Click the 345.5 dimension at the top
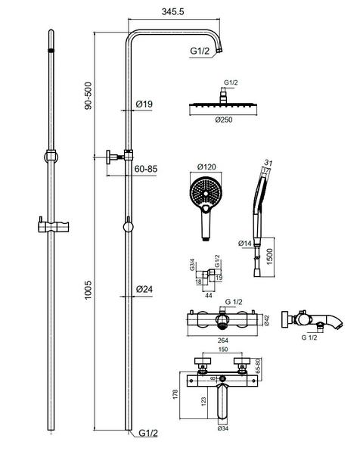click(172, 12)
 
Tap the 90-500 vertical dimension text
click(88, 96)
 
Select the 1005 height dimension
click(88, 290)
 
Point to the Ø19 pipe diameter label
click(144, 104)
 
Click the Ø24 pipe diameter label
click(144, 289)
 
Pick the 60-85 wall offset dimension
click(146, 169)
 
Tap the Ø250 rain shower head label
click(224, 120)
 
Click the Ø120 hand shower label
click(206, 166)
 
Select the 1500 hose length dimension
click(269, 257)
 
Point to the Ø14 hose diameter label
click(245, 243)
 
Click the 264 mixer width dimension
click(223, 340)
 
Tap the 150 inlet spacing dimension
click(223, 350)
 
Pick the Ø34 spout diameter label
click(223, 428)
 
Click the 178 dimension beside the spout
click(175, 394)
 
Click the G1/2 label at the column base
click(148, 433)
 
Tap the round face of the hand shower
click(206, 192)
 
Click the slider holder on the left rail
click(53, 227)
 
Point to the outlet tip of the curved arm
click(219, 51)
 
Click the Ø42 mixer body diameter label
click(266, 321)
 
